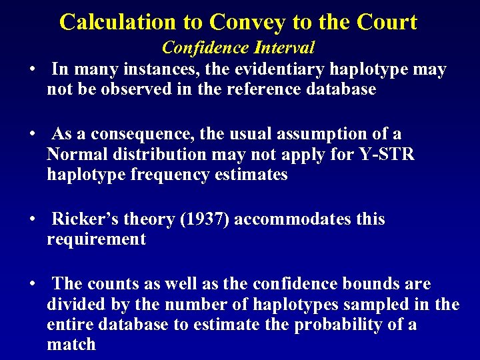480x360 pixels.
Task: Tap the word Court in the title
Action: (x=387, y=22)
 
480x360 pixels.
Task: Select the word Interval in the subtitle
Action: (x=285, y=48)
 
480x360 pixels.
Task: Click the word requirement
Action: (x=96, y=239)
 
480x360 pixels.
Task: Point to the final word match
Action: (x=71, y=345)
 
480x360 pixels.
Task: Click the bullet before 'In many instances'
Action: (x=31, y=70)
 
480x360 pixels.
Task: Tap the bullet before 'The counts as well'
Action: (x=31, y=285)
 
